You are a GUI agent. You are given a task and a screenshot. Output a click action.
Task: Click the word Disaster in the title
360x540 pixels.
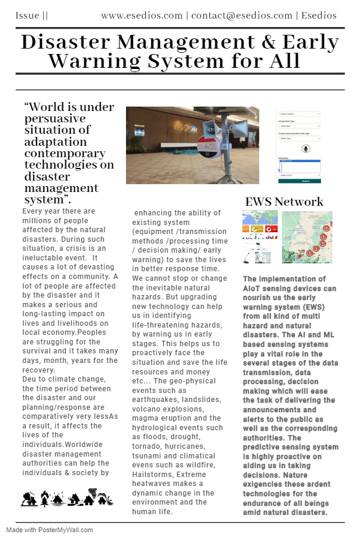65,42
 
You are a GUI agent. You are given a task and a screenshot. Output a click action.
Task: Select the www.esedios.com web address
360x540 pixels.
142,15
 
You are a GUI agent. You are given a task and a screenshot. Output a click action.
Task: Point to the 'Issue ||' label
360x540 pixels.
31,15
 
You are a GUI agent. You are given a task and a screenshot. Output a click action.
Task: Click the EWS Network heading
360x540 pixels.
284,202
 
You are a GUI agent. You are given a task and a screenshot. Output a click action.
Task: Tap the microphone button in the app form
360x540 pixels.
306,148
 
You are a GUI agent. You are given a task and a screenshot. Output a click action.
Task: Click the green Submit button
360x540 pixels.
299,181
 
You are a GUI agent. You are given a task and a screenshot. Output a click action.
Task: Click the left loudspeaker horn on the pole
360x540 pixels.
209,126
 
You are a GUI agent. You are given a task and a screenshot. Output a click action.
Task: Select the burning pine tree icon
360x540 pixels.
44,499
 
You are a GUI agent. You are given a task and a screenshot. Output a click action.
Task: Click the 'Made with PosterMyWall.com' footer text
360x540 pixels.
50,530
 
